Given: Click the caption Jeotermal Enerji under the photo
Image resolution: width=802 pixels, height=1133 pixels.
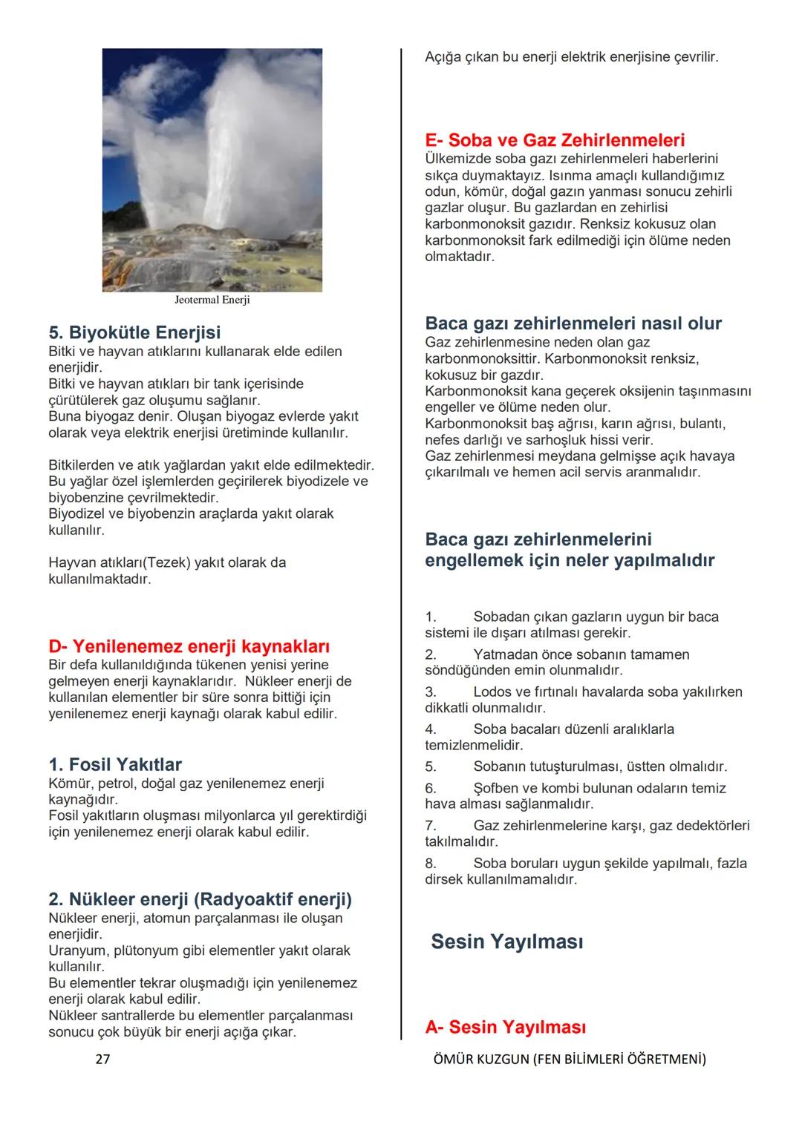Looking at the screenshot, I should point(212,301).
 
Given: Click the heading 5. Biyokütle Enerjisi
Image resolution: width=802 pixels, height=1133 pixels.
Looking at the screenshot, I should point(134,332).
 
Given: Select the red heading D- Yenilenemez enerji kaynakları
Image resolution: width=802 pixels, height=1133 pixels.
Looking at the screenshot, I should point(189,646).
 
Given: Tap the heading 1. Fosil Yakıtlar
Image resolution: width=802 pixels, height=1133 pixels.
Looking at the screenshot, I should point(114,764).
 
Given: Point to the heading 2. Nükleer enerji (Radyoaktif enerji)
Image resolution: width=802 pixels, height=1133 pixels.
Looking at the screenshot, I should point(200,899).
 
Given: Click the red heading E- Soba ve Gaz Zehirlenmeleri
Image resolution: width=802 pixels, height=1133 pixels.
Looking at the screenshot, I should point(554,140).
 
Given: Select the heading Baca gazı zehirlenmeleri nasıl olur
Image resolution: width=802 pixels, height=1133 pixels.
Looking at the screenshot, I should point(573,324).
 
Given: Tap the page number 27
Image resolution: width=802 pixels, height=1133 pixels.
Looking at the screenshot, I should point(102,1060).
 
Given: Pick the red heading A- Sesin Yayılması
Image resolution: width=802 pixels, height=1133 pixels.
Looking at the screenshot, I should point(505,1027).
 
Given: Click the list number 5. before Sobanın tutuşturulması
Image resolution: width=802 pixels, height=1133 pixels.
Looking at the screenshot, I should point(431,766).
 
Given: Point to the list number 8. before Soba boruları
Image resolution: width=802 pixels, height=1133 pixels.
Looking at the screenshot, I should point(431,864).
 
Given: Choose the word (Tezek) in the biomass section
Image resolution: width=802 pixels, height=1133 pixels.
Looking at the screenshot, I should point(166,562).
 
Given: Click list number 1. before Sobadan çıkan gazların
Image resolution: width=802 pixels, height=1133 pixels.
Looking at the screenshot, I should point(431,617).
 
